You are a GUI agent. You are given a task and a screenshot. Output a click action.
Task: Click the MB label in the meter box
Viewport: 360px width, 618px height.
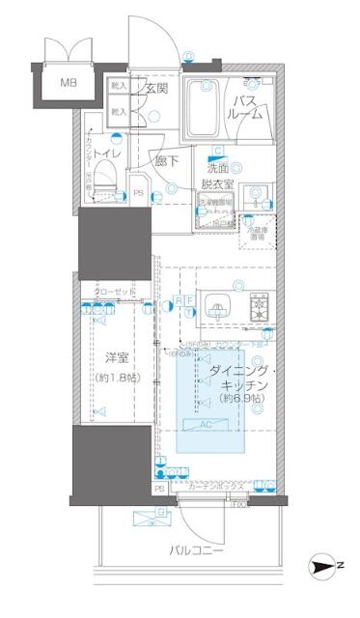coord(69,82)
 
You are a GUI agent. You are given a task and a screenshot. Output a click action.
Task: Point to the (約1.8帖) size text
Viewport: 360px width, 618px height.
coord(118,376)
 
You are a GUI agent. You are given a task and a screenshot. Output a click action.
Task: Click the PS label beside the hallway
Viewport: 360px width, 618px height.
coord(138,193)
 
